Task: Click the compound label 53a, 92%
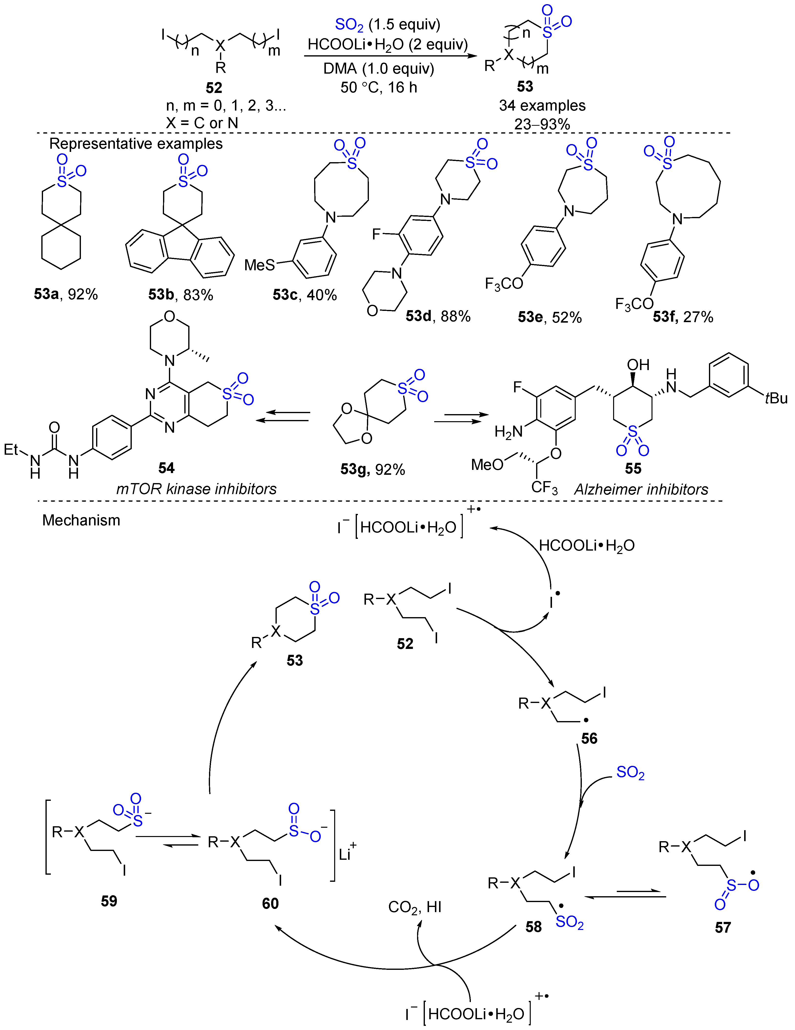pos(66,294)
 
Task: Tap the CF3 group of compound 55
pos(544,487)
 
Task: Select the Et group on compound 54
pos(11,449)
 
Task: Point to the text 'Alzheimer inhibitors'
pos(641,489)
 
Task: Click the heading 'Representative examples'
pos(136,143)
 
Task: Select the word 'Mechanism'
pos(81,520)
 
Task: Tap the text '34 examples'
pos(542,105)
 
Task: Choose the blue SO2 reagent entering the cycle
pos(630,772)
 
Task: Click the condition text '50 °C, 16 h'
pos(378,87)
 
